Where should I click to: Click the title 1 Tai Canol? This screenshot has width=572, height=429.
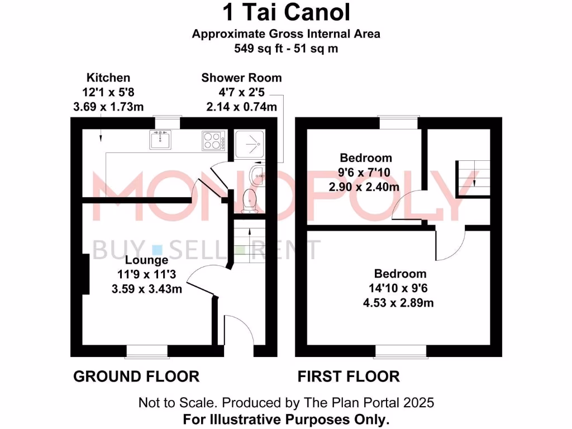(286, 12)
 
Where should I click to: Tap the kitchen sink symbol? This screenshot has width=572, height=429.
(160, 139)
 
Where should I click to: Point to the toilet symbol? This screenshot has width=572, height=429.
(250, 199)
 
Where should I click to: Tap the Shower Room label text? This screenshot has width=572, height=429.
(241, 78)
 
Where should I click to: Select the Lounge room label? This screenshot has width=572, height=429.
(147, 260)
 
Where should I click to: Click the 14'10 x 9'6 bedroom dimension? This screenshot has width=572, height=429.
(400, 289)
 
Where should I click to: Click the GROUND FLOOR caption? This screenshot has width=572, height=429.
(136, 376)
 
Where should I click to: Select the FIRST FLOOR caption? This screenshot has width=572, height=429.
(349, 376)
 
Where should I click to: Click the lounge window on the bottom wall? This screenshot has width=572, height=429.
(147, 351)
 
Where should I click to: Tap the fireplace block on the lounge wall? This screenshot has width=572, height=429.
(86, 274)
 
